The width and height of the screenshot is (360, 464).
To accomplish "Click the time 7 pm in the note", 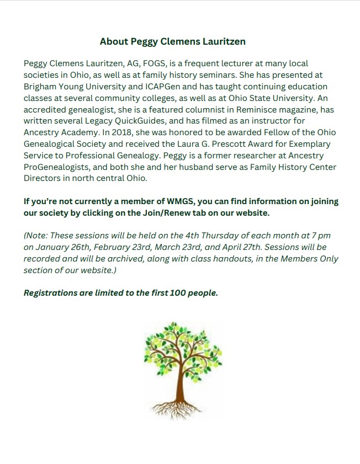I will tap(320, 236).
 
